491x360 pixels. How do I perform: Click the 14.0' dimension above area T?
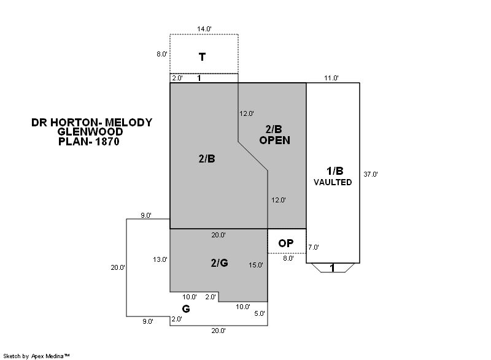(x=204, y=29)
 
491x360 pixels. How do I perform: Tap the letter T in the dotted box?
(x=203, y=57)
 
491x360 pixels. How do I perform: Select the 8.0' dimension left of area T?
(x=162, y=54)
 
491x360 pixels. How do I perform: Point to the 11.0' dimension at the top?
(x=331, y=78)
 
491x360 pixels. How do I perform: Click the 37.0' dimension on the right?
(x=371, y=174)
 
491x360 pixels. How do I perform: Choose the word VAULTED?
(x=333, y=182)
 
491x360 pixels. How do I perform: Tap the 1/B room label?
(x=335, y=170)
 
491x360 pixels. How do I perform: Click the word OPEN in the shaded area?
(x=274, y=140)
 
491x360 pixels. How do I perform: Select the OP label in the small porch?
(x=286, y=243)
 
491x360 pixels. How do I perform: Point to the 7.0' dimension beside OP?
(x=314, y=247)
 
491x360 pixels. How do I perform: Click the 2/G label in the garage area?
(x=220, y=262)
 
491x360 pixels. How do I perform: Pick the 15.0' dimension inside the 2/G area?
(x=256, y=265)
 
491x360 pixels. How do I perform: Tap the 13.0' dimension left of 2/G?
(x=160, y=259)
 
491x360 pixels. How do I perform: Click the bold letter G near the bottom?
(x=186, y=309)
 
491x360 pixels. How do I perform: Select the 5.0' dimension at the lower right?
(x=260, y=313)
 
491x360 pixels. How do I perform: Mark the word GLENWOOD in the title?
(x=90, y=132)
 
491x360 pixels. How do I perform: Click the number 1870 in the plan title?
(x=107, y=142)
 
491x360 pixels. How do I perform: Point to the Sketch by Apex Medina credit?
(x=36, y=356)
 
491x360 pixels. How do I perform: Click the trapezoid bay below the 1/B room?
(x=333, y=268)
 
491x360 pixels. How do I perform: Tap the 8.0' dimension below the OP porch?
(x=288, y=258)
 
